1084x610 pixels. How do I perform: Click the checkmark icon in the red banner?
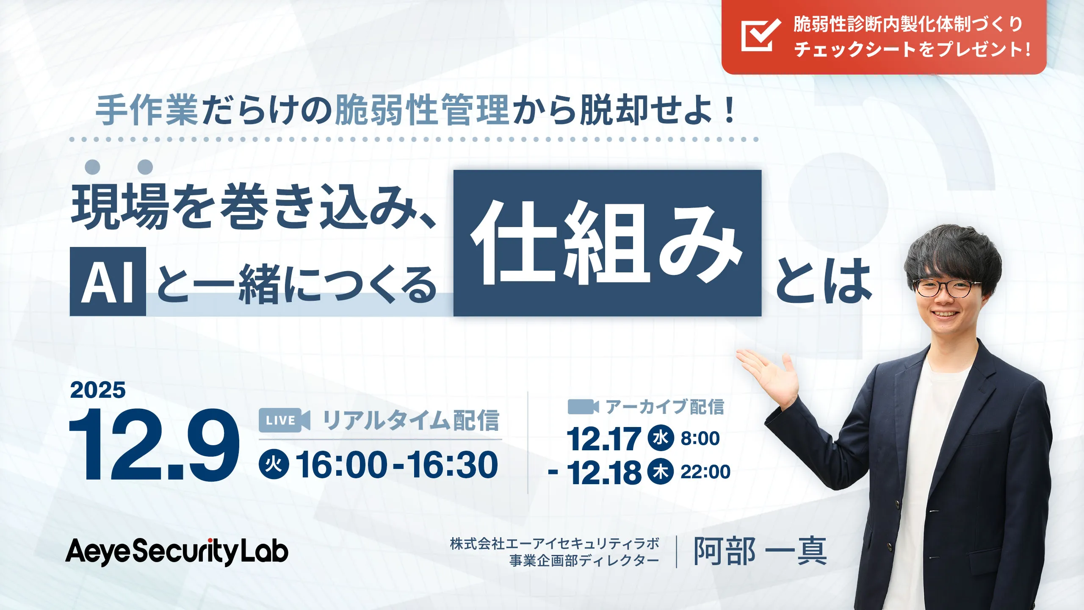(760, 35)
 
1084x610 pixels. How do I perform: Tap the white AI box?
(108, 282)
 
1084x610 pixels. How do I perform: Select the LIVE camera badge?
(284, 420)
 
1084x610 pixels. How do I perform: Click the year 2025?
(98, 390)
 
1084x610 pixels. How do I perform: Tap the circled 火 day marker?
(274, 465)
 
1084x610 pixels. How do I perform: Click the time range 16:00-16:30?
(397, 465)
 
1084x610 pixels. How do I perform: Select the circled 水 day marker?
(661, 438)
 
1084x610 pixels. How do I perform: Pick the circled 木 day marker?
(661, 471)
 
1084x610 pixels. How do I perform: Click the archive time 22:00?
(705, 471)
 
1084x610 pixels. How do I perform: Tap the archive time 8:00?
(700, 438)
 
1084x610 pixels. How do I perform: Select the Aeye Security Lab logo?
(177, 551)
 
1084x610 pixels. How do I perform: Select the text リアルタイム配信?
(411, 420)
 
